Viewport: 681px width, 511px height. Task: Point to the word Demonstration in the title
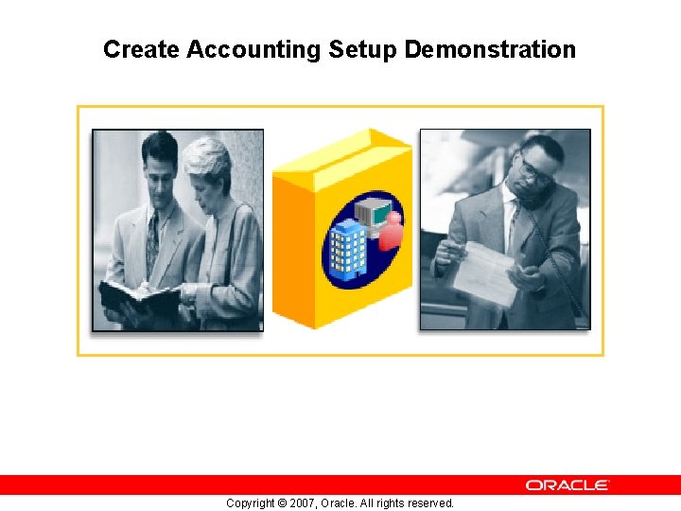click(x=490, y=49)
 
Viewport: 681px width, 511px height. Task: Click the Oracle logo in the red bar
click(x=567, y=485)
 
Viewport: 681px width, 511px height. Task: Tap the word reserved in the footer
click(x=429, y=503)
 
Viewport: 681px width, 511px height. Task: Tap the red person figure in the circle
click(x=391, y=232)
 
